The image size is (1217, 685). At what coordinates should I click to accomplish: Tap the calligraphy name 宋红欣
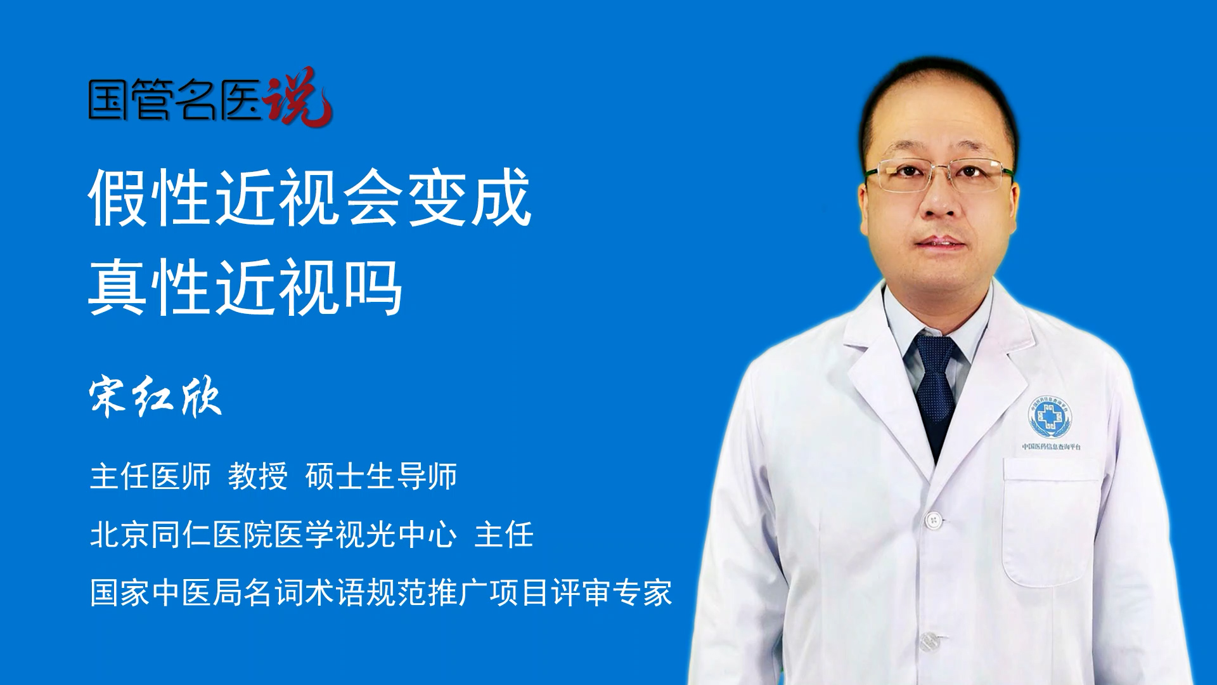pos(155,397)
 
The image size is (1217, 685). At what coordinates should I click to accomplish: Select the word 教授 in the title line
pos(258,476)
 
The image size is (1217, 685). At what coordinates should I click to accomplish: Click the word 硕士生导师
pos(381,476)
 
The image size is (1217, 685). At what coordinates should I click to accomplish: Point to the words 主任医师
pos(150,476)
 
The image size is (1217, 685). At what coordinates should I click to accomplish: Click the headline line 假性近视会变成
pos(310,197)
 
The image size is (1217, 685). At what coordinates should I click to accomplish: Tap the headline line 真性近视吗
pos(246,287)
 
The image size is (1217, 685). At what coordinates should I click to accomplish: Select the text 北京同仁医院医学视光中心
pos(273,534)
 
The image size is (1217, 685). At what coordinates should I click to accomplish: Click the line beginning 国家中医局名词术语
pos(381,592)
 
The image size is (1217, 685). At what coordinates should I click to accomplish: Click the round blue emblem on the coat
pos(1050,417)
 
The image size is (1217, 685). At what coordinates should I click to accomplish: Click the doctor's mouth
pos(940,243)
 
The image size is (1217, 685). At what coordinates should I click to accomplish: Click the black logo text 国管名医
pos(175,99)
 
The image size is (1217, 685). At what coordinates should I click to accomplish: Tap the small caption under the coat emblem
pos(1052,447)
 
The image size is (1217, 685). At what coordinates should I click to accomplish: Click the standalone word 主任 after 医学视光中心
pos(504,534)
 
